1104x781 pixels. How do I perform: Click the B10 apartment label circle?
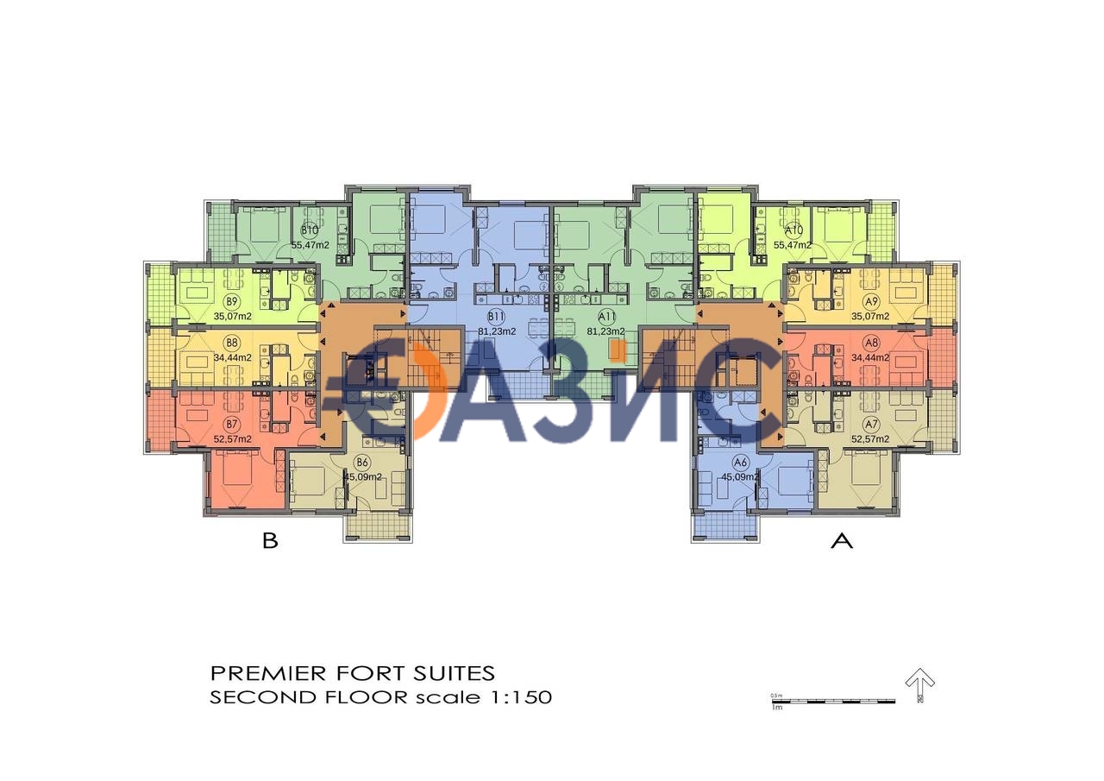point(310,230)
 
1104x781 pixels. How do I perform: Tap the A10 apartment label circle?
point(793,230)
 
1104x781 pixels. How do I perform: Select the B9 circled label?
point(231,301)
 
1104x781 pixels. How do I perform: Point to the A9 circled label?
point(871,301)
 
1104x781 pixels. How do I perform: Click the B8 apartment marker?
point(231,343)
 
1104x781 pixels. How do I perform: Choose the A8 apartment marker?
point(871,343)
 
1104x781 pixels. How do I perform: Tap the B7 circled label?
point(231,424)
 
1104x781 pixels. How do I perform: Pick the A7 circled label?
point(871,424)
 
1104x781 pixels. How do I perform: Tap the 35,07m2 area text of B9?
point(232,316)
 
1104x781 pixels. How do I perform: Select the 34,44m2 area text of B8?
point(232,356)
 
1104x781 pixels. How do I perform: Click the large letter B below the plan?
point(270,542)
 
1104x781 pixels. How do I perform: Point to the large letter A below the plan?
point(841,542)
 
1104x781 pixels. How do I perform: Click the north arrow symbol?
point(920,687)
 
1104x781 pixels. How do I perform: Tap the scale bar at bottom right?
point(832,700)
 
